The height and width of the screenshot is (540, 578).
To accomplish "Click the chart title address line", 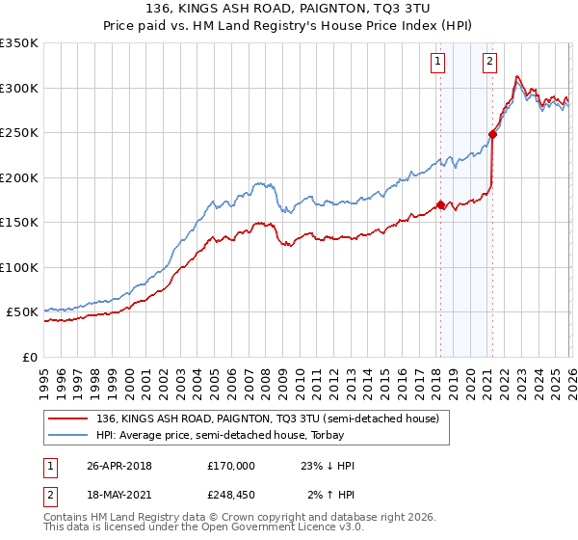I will tap(289, 10).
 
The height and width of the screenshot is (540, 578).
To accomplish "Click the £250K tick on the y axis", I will tap(19, 133).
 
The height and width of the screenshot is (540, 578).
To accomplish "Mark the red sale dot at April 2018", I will tap(440, 204).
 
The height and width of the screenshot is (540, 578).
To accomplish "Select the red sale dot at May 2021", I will tap(492, 135).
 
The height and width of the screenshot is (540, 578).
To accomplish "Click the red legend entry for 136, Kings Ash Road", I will tap(268, 418).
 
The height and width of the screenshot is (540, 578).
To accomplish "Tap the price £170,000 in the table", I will tap(230, 466).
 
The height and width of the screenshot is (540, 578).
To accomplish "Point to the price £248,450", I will tap(230, 495).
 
